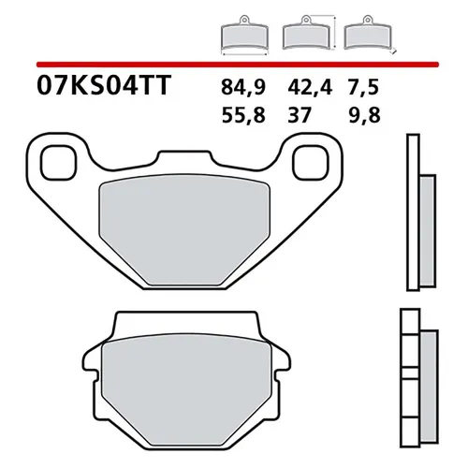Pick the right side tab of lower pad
(x=282, y=371)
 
